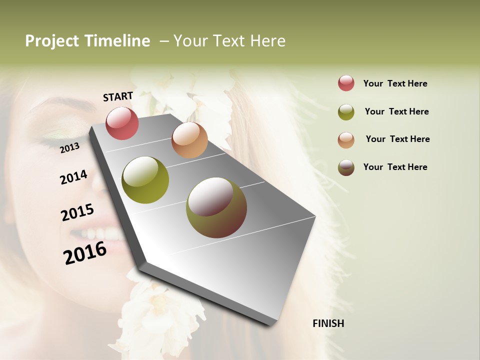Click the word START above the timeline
tap(118, 96)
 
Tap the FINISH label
tap(328, 323)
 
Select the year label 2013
tap(70, 147)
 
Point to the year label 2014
tap(73, 177)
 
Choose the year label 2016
tap(85, 252)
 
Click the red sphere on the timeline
tap(122, 123)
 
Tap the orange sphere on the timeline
tap(189, 140)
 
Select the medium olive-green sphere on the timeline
tap(145, 180)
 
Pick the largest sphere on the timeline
tap(216, 207)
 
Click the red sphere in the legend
tap(346, 83)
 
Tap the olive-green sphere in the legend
tap(346, 111)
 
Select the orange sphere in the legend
tap(346, 139)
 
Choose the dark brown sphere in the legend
tap(346, 167)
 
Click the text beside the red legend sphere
tap(395, 83)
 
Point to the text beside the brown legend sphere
tap(395, 167)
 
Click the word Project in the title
tap(52, 41)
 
